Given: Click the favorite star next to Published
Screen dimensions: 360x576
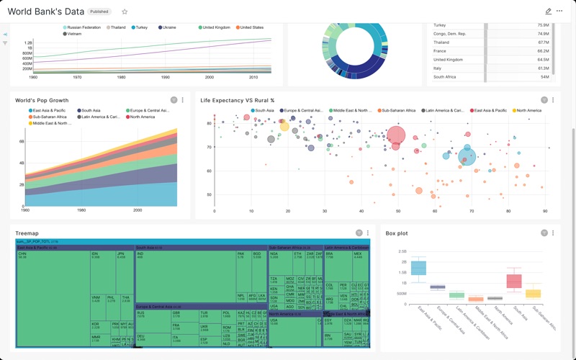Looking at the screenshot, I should [x=125, y=12].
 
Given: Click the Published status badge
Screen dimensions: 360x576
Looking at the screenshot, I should [x=99, y=12].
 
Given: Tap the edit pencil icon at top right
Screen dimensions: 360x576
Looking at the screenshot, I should [x=548, y=12].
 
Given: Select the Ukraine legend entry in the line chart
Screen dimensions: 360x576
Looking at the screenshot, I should [x=167, y=27].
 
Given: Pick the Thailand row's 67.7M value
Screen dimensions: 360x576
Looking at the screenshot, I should [x=543, y=42].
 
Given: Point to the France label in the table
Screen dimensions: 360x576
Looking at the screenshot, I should [x=440, y=51].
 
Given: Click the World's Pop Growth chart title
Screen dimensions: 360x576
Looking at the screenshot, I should [x=42, y=101].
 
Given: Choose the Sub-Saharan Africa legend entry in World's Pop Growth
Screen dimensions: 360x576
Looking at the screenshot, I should [x=48, y=117].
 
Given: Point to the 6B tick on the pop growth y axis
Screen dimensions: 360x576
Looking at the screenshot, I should [x=21, y=142].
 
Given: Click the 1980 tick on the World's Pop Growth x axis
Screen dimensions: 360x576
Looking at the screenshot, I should [x=81, y=210].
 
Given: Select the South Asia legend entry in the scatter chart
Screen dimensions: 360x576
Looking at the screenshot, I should [x=262, y=111].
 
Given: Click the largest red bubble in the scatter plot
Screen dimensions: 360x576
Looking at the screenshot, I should [x=396, y=135].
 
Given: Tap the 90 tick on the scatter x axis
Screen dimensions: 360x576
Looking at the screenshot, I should [x=545, y=211].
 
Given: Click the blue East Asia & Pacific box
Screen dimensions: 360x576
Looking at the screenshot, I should [x=418, y=268].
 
